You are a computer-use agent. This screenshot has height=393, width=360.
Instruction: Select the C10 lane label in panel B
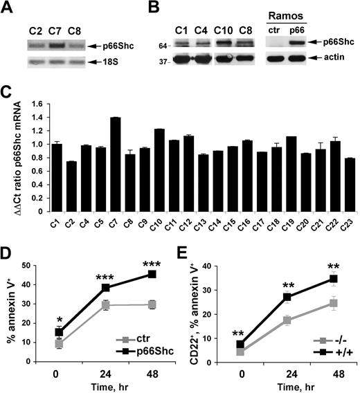(236, 30)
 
